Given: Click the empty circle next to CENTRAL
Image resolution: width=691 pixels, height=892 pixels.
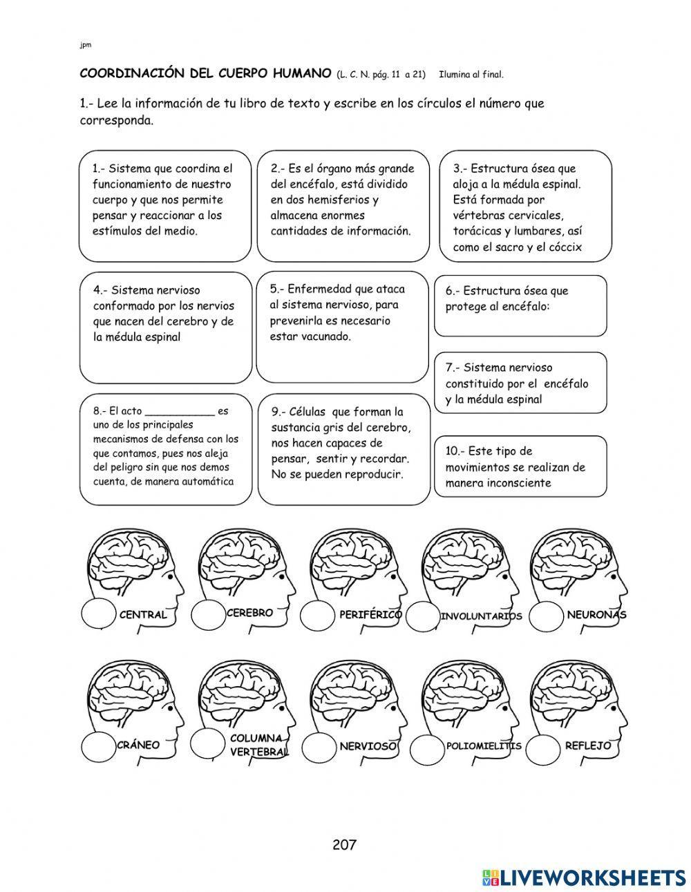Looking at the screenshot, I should pos(99,614).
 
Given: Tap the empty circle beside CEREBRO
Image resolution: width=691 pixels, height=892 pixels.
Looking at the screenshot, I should pos(208,616).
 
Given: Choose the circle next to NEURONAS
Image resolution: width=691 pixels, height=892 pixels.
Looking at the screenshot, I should pos(547,615).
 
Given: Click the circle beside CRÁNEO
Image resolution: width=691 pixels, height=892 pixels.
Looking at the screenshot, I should pos(99,746).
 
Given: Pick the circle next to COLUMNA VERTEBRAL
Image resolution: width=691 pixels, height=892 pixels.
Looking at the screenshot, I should pos(208,744).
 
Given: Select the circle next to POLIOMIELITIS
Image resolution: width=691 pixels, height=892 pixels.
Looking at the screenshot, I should pos(426,746).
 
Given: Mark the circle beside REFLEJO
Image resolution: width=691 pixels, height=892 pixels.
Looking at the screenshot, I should pos(545,746).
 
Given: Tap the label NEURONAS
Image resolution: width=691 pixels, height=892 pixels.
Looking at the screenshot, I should pos(596,614).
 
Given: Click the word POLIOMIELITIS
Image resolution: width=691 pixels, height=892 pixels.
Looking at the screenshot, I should pos(483,746).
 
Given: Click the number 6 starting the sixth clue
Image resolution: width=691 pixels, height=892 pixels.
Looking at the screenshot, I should pos(449,291).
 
